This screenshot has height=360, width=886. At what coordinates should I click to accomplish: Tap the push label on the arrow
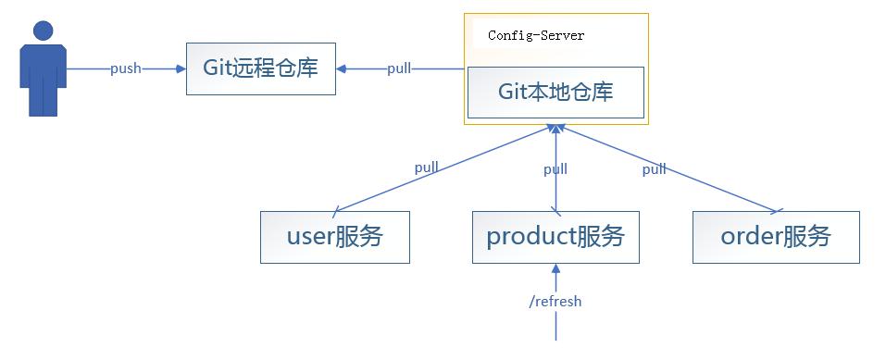click(126, 68)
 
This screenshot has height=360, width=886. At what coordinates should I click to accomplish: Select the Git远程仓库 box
click(260, 68)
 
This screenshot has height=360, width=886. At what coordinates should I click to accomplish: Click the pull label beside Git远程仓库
click(400, 68)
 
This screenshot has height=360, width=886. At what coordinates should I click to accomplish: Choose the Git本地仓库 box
click(555, 93)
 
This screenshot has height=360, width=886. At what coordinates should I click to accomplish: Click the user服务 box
click(334, 237)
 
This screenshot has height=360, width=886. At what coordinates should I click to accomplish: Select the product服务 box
click(555, 237)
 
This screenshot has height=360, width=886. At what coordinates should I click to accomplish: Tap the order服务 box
click(776, 237)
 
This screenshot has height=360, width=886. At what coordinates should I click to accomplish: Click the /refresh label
click(555, 302)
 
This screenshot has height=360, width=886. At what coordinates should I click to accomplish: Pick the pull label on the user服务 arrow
click(427, 168)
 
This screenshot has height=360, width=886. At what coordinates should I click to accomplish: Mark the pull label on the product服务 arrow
click(555, 168)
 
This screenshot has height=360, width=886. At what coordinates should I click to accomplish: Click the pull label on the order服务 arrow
click(655, 168)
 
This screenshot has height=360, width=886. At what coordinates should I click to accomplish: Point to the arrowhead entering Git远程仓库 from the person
click(181, 68)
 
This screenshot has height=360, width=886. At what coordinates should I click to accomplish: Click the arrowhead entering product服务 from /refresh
click(555, 269)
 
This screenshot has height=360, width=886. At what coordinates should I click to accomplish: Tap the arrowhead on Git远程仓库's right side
click(341, 68)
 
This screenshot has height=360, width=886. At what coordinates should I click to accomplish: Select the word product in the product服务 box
click(530, 237)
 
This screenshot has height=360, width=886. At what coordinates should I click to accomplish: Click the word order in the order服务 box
click(751, 237)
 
